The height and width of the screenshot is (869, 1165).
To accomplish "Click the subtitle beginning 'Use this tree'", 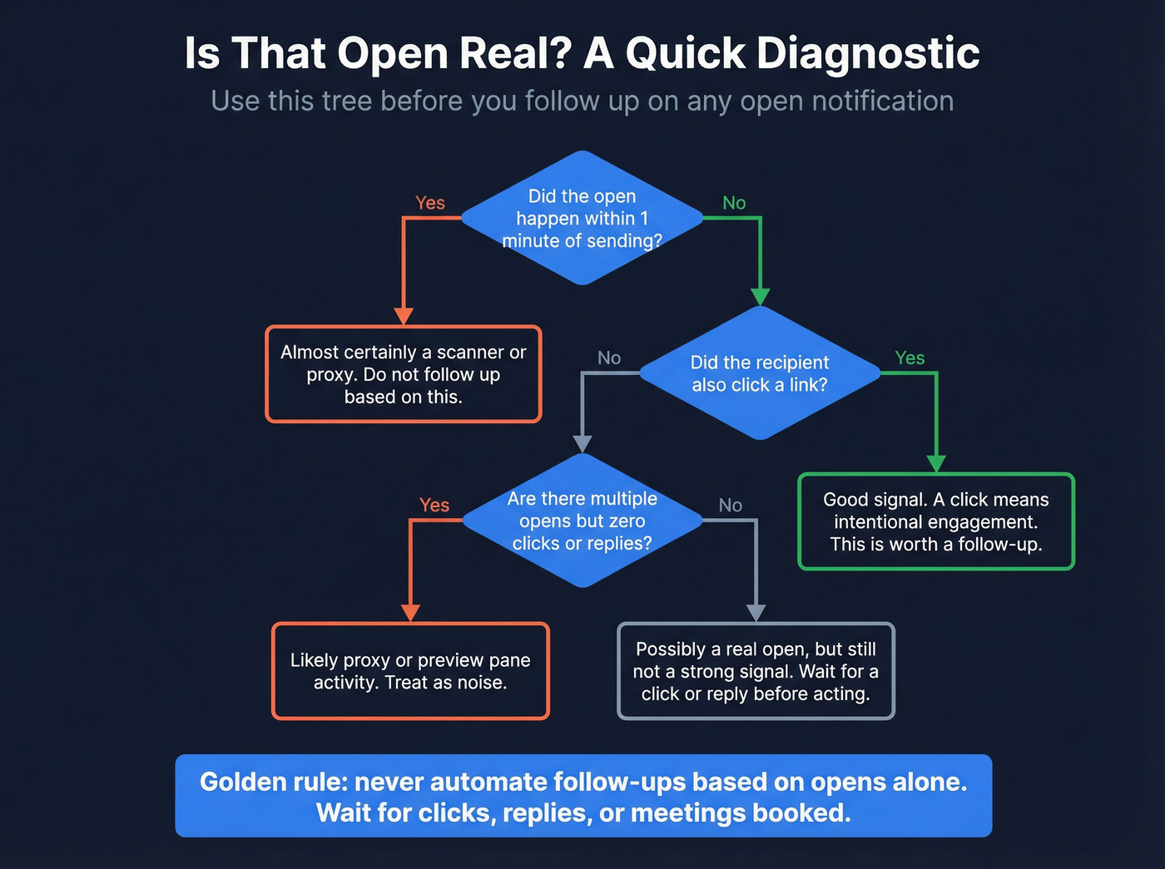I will point(582,101).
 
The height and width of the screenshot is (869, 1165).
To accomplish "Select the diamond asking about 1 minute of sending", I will point(582,218).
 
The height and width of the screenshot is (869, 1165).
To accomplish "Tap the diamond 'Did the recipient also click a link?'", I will point(759,373).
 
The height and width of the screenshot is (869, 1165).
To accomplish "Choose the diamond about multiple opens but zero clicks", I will point(582,521).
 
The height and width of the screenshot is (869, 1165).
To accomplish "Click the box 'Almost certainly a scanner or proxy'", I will point(404,374).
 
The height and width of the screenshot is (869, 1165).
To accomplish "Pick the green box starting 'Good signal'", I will point(935,521).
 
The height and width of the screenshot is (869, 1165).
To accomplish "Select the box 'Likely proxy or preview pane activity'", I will point(410,671).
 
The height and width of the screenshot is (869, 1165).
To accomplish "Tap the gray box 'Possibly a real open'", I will point(756,671).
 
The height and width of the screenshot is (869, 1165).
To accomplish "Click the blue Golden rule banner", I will point(583,796).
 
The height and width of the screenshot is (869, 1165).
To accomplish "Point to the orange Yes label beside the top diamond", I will point(430,203).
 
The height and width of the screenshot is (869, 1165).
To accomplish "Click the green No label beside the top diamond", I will point(734,203).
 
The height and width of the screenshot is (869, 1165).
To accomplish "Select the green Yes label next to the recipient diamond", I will point(910,358).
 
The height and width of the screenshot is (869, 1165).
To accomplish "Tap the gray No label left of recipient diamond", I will point(609,358).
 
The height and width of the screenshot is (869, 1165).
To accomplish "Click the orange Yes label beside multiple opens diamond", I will point(434,506).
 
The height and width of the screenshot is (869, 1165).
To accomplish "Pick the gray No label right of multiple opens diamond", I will point(730,506).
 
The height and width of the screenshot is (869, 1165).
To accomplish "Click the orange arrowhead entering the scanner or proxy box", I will point(404,316).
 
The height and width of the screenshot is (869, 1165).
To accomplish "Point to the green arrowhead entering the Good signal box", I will point(936,463).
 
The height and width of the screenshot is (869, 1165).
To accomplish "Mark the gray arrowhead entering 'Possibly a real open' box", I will point(756,613).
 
